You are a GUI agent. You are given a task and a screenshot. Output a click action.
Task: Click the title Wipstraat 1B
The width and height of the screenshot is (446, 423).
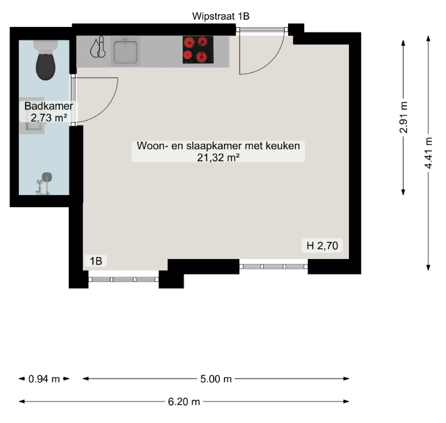tap(221, 16)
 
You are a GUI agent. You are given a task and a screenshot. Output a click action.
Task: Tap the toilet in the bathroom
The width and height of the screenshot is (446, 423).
tap(45, 60)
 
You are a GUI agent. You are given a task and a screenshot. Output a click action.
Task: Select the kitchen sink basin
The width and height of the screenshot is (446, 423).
tap(126, 51)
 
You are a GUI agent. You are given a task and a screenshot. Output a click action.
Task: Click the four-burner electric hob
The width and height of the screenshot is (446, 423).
tap(198, 49)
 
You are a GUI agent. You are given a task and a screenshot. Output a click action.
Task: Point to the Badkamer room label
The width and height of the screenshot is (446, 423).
tap(49, 106)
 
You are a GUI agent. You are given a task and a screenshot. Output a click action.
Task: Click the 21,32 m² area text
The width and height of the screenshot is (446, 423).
tap(218, 157)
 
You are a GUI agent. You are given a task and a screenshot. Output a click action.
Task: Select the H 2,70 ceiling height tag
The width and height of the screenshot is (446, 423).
tap(323, 246)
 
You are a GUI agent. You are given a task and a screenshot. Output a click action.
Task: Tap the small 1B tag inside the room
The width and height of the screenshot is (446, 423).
tap(96, 261)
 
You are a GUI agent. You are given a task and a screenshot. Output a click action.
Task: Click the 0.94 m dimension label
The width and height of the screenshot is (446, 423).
tap(44, 379)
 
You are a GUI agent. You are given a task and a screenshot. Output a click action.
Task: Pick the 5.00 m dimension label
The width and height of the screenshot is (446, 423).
tap(216, 379)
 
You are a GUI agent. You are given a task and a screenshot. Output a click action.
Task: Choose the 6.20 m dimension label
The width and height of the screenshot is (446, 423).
tap(184, 401)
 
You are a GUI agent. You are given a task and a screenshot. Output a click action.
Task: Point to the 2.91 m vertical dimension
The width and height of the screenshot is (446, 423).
tap(403, 117)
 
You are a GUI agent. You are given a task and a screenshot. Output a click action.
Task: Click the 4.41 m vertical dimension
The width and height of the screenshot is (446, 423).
tap(428, 152)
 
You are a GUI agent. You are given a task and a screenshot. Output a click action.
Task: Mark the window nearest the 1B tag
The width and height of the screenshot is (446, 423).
tap(123, 279)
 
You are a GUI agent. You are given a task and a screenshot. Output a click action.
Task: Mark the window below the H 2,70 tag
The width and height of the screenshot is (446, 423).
tap(273, 266)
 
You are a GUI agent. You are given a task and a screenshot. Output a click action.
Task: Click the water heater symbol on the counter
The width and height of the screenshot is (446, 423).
tap(99, 47)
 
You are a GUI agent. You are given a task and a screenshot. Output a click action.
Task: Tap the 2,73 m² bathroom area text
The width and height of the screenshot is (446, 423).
tap(49, 117)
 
